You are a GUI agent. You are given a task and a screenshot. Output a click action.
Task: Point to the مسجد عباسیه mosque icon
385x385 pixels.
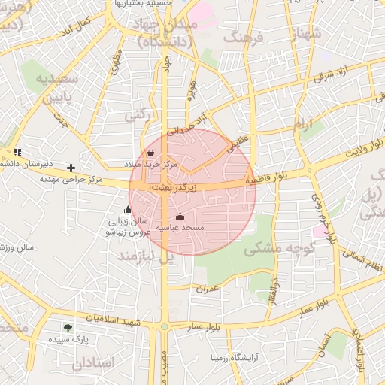pyautogui.click(x=179, y=217)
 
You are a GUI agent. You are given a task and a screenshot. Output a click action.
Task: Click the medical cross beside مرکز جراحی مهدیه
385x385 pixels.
pyautogui.click(x=71, y=168)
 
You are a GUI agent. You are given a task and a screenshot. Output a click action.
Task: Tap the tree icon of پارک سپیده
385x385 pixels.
pyautogui.click(x=68, y=328)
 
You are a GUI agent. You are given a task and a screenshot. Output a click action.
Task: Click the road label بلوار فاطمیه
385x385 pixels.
pyautogui.click(x=267, y=181)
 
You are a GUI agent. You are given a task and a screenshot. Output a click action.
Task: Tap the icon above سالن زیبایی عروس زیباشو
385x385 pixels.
pyautogui.click(x=128, y=210)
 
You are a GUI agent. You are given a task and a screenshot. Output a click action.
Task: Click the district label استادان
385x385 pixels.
pyautogui.click(x=95, y=362)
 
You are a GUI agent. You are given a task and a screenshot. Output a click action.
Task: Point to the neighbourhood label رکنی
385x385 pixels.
pyautogui.click(x=135, y=116)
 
